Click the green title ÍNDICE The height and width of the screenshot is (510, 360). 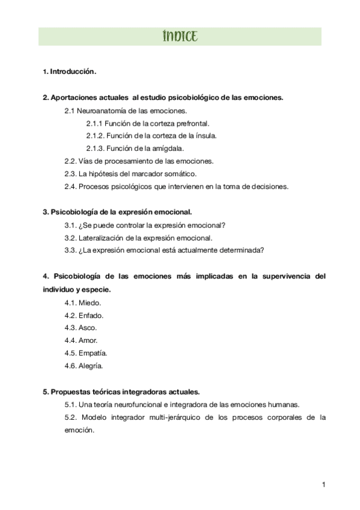(180, 36)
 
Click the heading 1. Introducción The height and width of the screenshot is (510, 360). (70, 72)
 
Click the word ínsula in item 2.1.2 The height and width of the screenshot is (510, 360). (204, 136)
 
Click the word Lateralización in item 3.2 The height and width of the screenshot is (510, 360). (103, 238)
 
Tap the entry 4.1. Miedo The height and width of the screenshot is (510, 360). (83, 303)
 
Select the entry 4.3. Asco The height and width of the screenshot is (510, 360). (81, 328)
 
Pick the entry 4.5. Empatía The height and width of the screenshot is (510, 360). (86, 353)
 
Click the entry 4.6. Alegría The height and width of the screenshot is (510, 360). (84, 366)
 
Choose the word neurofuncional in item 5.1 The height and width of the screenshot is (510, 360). (147, 404)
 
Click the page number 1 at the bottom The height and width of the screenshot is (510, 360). (323, 485)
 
